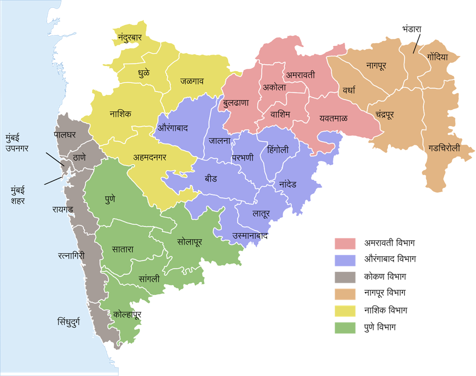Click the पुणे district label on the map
tap(110, 199)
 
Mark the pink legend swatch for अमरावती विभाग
tap(345, 243)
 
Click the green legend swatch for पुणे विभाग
tap(345, 327)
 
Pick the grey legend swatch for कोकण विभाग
tap(345, 277)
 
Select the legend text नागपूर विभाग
tap(384, 293)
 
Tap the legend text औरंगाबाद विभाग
tap(390, 260)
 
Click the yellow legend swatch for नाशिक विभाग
tap(345, 310)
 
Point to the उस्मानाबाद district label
tap(250, 236)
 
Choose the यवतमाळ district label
tap(333, 118)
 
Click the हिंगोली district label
tap(278, 149)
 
